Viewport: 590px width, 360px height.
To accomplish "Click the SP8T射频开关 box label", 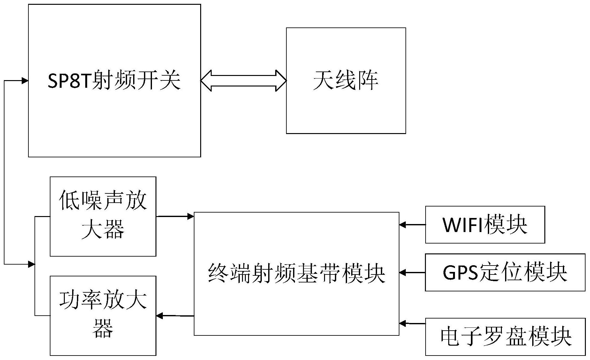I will tap(114, 80).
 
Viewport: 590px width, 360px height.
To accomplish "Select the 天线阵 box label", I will tap(345, 80).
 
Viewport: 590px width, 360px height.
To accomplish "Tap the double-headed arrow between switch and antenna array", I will tap(243, 80).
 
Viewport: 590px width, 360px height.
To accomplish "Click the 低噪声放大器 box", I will tap(103, 216).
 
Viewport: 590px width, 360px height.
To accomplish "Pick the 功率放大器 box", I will tap(103, 315).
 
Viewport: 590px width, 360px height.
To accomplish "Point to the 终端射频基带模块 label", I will tap(296, 273).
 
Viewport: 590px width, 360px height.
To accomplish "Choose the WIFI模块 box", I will tap(485, 225).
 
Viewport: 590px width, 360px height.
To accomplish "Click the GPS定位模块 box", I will tap(505, 272).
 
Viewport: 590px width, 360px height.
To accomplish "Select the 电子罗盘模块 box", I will tap(505, 336).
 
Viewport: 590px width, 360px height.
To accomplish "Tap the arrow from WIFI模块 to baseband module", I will tap(412, 225).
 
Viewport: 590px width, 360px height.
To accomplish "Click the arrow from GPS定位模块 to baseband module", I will tap(412, 273).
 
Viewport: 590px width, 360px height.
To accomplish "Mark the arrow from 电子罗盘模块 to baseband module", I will tap(412, 323).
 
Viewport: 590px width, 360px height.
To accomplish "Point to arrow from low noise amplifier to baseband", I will tap(175, 216).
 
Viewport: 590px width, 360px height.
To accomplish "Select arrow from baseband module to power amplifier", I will tap(175, 316).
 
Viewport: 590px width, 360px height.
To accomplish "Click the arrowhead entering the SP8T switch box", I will tap(25, 81).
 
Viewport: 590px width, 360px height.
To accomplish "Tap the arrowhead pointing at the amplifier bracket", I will tap(31, 264).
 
